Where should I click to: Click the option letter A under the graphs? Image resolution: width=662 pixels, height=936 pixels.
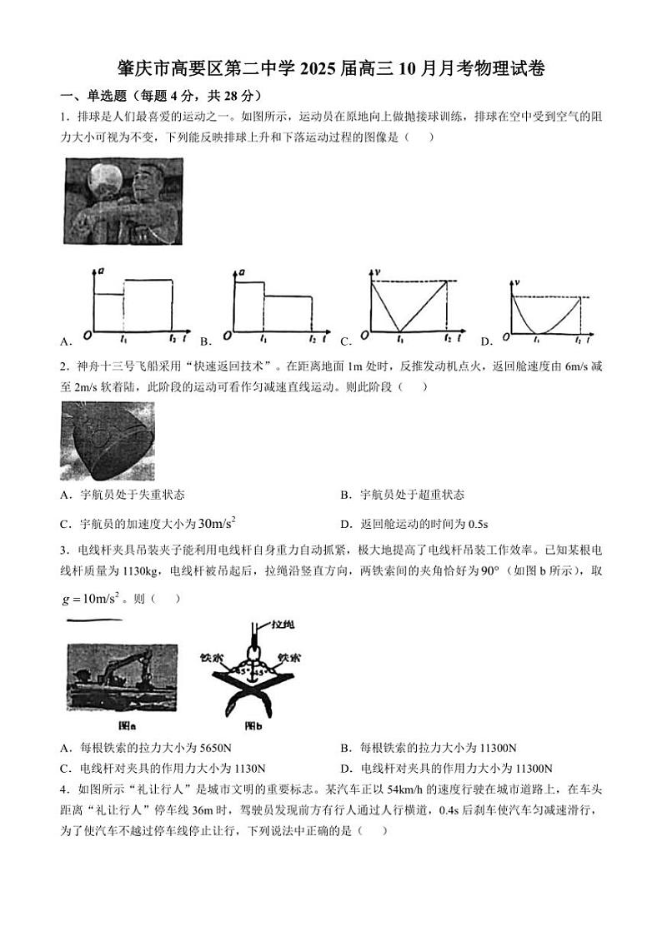pos(66,341)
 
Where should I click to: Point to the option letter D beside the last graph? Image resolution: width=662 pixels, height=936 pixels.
pos(486,341)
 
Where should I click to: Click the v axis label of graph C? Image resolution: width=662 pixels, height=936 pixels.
pos(379,272)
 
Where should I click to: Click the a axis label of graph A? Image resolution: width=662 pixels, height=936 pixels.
pos(101,272)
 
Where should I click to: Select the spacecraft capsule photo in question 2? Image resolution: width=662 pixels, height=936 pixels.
pos(107,441)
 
